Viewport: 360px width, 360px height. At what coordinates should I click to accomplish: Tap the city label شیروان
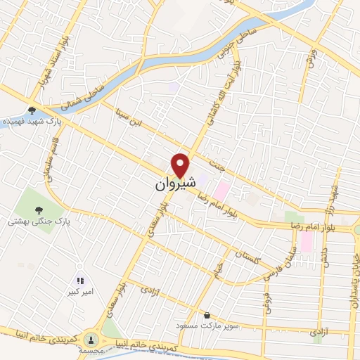pyautogui.click(x=172, y=185)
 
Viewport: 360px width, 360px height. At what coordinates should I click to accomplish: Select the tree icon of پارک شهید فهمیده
pyautogui.click(x=31, y=110)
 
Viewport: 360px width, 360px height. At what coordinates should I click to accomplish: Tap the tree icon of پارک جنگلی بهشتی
pyautogui.click(x=38, y=210)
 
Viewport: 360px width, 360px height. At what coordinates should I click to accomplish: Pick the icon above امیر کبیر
pyautogui.click(x=80, y=281)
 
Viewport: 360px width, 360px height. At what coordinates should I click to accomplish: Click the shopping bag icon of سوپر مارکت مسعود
pyautogui.click(x=207, y=316)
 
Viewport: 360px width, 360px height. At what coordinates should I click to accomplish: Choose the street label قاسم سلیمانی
pyautogui.click(x=49, y=157)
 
